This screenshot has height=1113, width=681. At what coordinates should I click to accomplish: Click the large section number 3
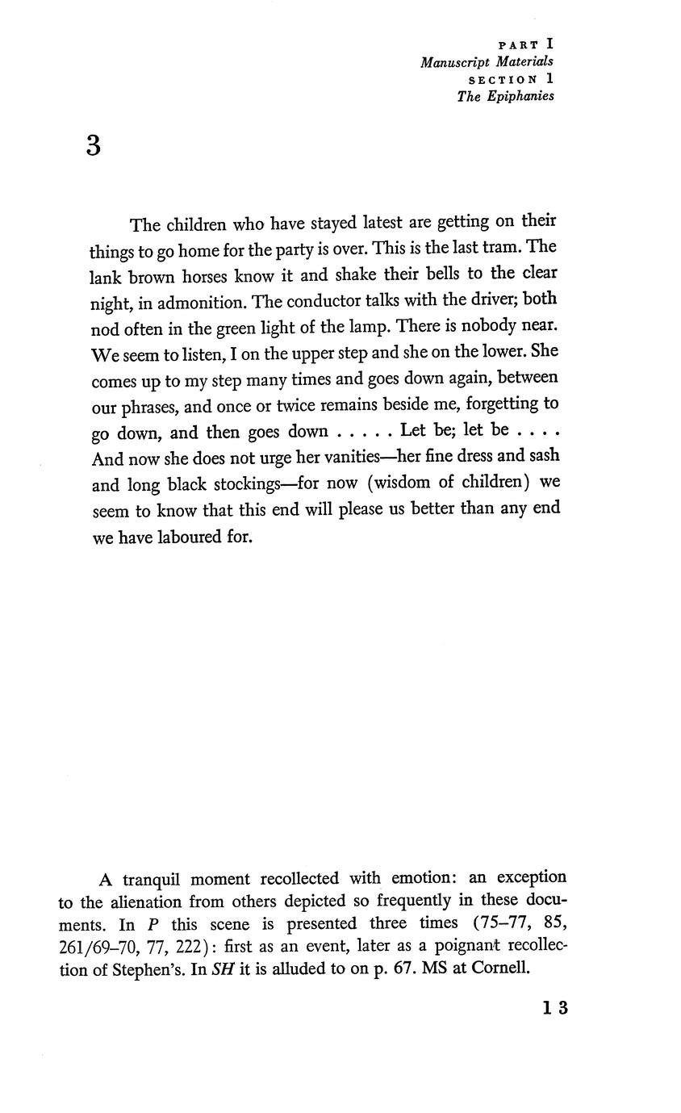coord(94,146)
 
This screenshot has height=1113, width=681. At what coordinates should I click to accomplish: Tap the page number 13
coord(555,1007)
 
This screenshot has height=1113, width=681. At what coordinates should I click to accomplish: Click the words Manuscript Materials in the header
coord(487,62)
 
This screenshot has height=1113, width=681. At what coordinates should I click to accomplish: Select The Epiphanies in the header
coord(505,96)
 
